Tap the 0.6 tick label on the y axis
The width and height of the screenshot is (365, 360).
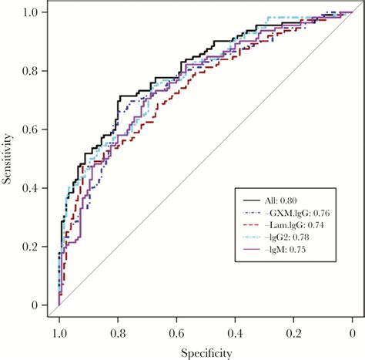[x=28, y=130]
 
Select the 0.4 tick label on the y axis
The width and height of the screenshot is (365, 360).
[x=28, y=188]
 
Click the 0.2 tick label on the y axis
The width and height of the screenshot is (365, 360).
[x=28, y=247]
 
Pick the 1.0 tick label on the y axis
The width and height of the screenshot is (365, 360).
[x=28, y=12]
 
